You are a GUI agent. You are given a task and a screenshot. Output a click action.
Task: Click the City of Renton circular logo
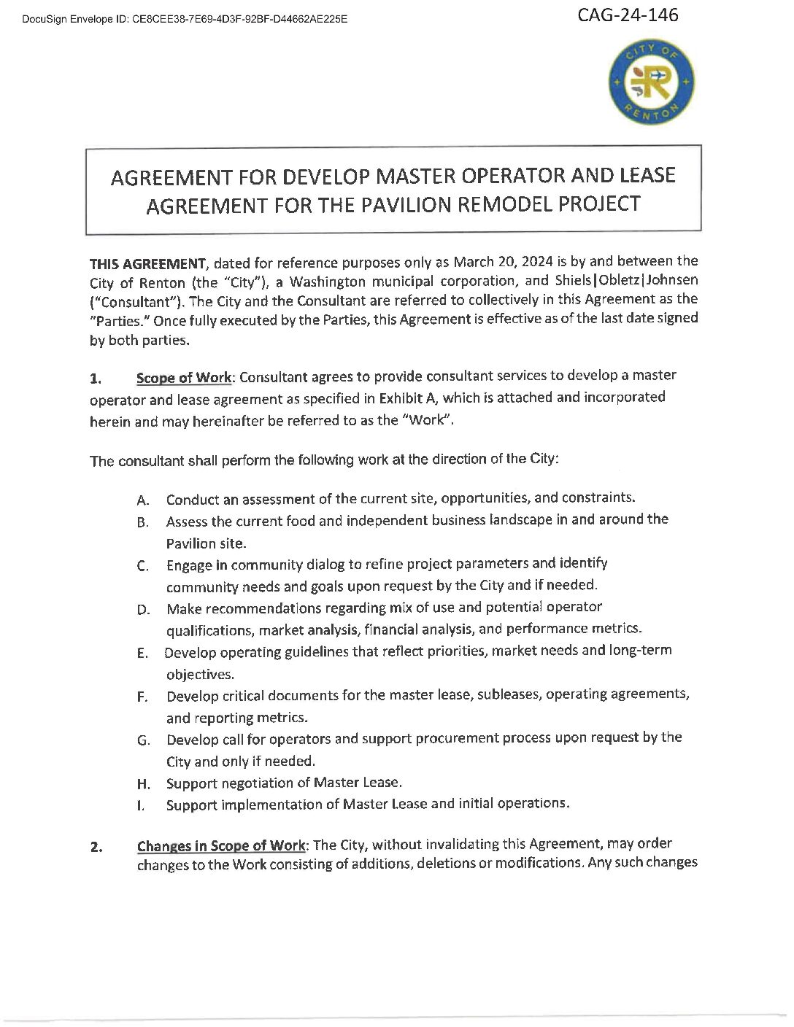click(651, 82)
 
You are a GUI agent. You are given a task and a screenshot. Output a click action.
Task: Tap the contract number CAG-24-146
click(628, 15)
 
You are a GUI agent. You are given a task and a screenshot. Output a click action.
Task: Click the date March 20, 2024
click(509, 262)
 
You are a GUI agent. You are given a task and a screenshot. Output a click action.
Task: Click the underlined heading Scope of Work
click(184, 378)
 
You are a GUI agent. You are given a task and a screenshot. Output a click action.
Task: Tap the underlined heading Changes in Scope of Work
click(221, 846)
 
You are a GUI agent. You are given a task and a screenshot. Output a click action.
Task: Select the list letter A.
click(143, 501)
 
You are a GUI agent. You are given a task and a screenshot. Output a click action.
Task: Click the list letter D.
click(143, 610)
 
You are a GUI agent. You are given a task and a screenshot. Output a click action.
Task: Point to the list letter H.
click(143, 785)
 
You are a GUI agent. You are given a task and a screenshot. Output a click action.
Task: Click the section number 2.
click(96, 848)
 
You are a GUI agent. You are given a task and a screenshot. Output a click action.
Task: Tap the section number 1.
click(96, 379)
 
